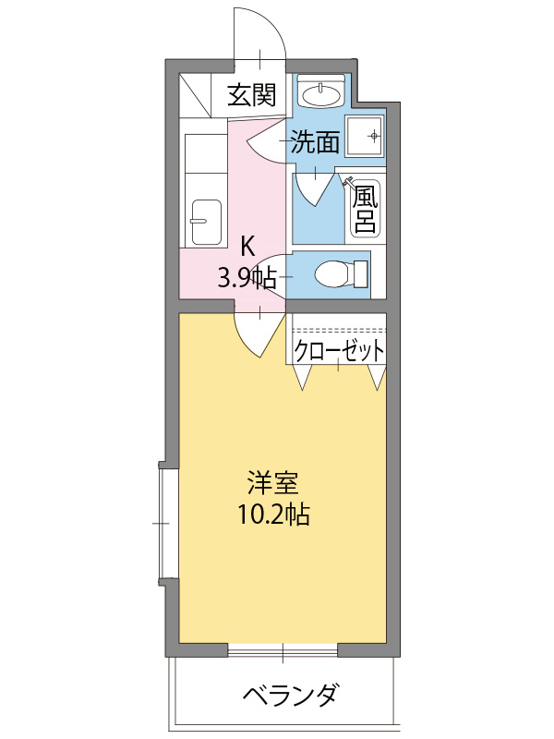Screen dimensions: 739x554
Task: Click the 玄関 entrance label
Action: [x=252, y=94]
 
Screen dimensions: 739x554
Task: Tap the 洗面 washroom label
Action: [x=315, y=141]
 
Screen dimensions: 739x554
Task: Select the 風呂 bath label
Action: [x=364, y=208]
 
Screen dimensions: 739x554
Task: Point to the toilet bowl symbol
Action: [x=331, y=273]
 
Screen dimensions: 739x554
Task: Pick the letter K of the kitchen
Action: [x=247, y=247]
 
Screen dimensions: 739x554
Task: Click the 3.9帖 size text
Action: [x=247, y=276]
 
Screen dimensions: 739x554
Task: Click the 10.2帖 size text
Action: [x=272, y=515]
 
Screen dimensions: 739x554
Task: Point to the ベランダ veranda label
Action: [x=291, y=694]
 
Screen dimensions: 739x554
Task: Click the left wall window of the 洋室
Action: [x=167, y=523]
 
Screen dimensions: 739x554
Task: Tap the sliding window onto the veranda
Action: [x=283, y=651]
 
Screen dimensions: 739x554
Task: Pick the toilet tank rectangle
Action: [x=360, y=274]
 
